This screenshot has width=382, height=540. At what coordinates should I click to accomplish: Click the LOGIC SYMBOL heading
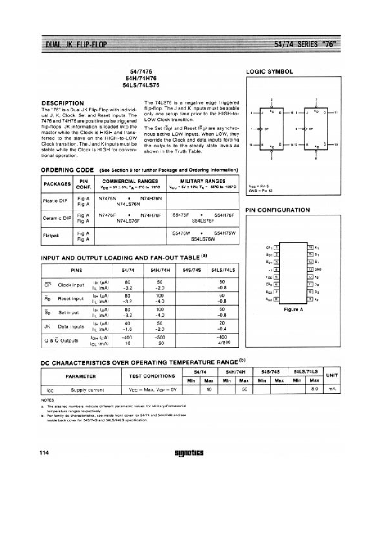coord(269,72)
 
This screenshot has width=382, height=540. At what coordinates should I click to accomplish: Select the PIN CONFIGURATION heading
coord(278,210)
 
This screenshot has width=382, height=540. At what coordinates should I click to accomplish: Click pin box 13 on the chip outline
coord(310,270)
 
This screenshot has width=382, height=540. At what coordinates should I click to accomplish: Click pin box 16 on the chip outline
coord(310,247)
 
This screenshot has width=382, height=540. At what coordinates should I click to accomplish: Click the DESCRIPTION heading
coord(62,103)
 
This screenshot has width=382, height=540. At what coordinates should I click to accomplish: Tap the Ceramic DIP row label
coord(57,218)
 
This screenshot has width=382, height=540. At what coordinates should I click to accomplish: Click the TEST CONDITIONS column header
coord(152,376)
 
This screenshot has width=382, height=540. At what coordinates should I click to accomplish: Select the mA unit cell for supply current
coord(331,390)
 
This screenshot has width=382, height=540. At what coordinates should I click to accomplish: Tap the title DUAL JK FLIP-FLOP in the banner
coord(74,45)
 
